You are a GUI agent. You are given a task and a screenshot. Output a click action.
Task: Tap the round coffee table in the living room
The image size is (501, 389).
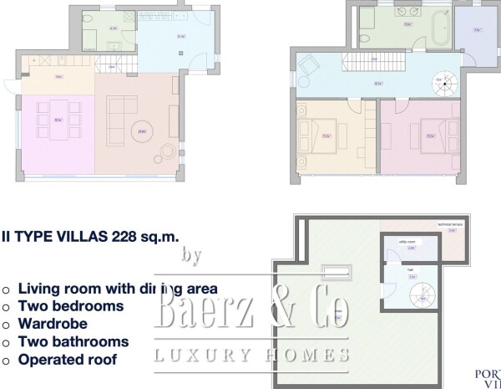pyautogui.click(x=143, y=131)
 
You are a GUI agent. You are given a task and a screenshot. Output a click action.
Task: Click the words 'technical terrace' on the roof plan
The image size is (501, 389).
pyautogui.click(x=448, y=226)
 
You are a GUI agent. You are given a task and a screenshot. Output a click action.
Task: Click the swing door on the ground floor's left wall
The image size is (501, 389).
pyautogui.click(x=9, y=83)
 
